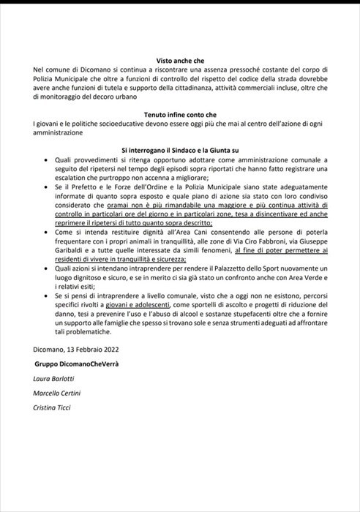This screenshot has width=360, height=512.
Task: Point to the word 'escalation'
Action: (x=73, y=178)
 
